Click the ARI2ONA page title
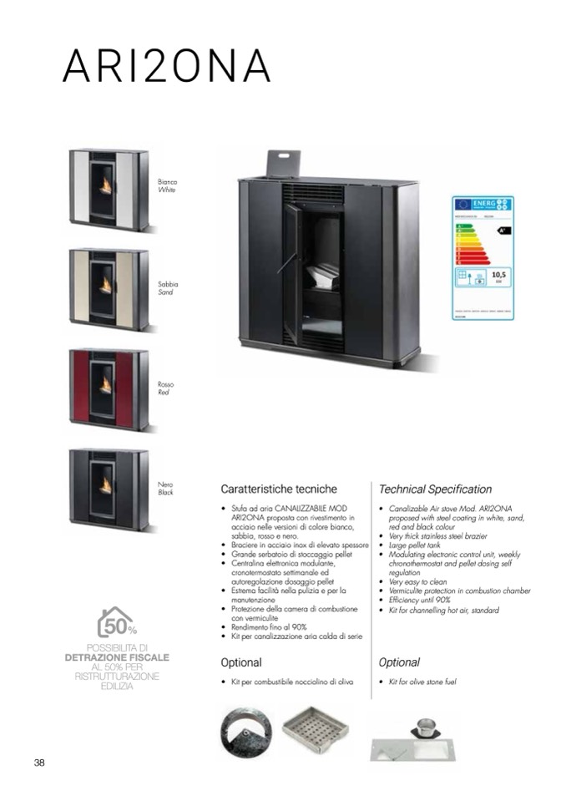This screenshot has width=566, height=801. [167, 65]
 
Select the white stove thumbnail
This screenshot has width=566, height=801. [109, 190]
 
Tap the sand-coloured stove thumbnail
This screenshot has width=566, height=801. [109, 289]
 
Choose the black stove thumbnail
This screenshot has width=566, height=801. [109, 489]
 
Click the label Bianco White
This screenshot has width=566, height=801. [168, 185]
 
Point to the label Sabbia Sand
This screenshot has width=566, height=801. [168, 287]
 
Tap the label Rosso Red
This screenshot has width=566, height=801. [165, 388]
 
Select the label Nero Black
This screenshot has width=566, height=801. [165, 488]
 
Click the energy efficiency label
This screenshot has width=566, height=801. [483, 258]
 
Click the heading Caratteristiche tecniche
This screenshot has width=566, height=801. [279, 489]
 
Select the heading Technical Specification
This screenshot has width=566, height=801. [435, 489]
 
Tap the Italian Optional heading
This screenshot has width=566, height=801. [241, 662]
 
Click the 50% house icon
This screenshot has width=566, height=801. [117, 623]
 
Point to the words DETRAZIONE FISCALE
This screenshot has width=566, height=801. [117, 657]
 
